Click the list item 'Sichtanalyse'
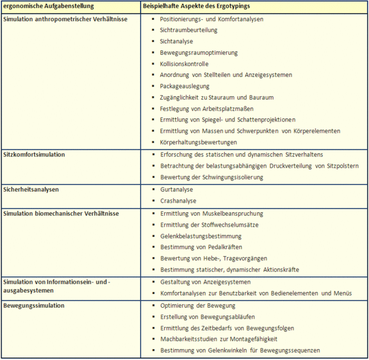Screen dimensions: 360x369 pyautogui.click(x=177, y=41)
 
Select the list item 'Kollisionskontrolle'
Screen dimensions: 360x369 pyautogui.click(x=184, y=64)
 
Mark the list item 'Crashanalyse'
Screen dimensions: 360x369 pyautogui.click(x=178, y=201)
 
